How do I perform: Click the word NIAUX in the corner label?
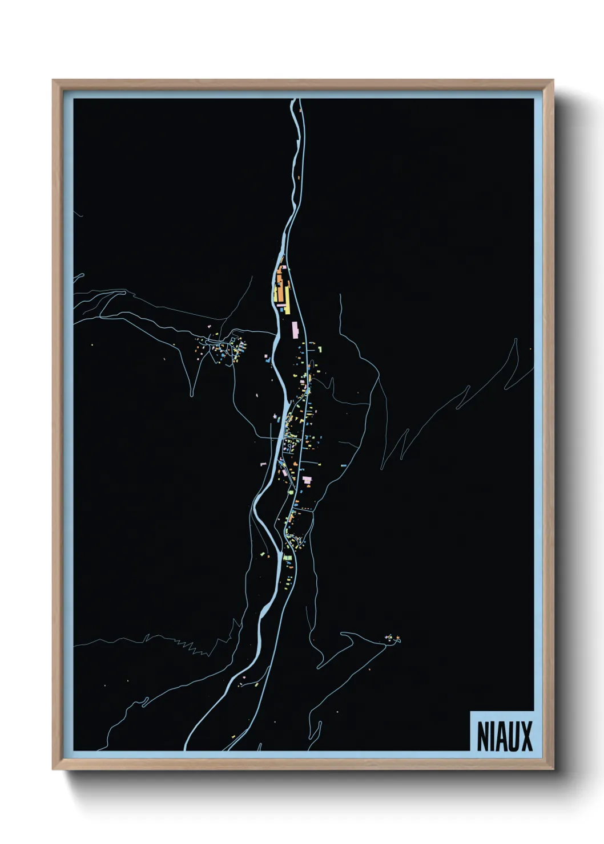click(504, 736)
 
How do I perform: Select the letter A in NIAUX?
click(502, 736)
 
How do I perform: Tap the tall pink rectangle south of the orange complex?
click(295, 329)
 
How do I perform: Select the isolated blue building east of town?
click(343, 466)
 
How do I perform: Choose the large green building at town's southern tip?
click(287, 557)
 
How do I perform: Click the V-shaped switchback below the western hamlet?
click(193, 393)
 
